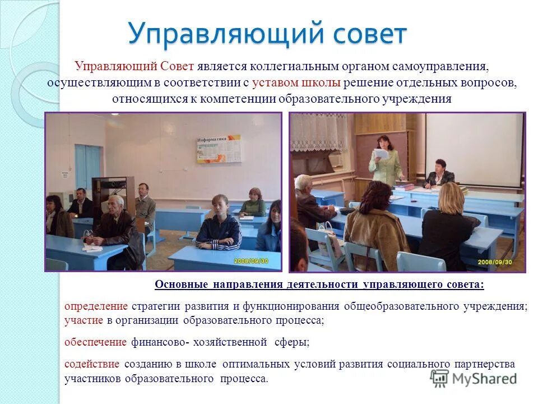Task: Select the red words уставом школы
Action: [x=296, y=82]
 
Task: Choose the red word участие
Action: [x=84, y=320]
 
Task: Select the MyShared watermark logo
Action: [x=474, y=378]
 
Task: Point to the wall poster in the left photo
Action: [x=219, y=147]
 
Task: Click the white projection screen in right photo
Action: [x=474, y=149]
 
